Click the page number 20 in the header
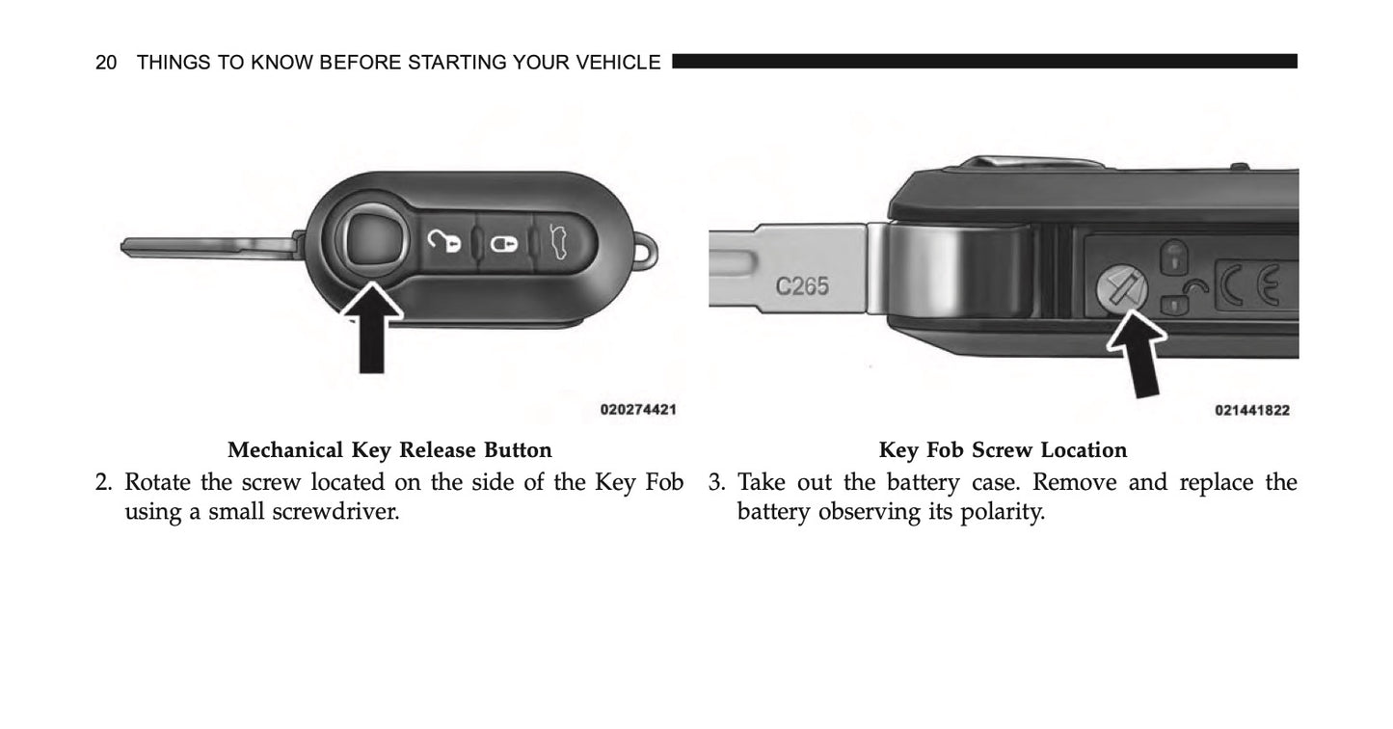point(106,63)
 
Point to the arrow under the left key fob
point(372,328)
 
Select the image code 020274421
point(637,410)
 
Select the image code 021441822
point(1252,410)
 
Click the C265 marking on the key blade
point(802,286)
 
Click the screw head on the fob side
point(1119,289)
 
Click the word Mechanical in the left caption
point(285,450)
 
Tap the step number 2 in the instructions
point(102,482)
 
